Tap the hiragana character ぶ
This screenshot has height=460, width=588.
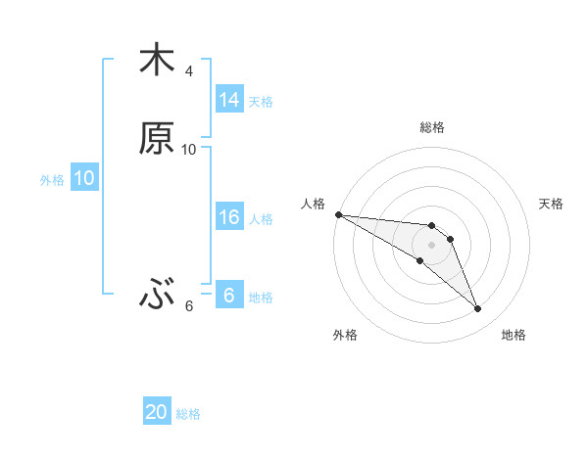157,293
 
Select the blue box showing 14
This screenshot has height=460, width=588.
228,100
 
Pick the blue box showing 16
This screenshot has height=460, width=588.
228,217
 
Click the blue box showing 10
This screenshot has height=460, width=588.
83,178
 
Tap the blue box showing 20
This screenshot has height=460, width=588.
157,412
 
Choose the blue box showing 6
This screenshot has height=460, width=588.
228,296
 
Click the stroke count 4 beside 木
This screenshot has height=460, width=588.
189,71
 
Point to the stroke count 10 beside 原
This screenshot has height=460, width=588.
189,150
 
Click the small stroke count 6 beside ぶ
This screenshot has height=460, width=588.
189,306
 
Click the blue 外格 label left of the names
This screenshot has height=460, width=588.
52,179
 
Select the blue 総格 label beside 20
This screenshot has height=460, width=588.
188,414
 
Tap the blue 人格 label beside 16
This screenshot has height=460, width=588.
261,218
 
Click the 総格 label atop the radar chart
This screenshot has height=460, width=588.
432,127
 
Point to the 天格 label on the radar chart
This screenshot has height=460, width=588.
552,204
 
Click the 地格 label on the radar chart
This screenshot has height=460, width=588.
514,335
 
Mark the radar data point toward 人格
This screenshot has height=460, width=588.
338,214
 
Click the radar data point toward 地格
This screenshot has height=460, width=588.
478,309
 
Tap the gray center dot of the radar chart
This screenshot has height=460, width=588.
432,245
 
